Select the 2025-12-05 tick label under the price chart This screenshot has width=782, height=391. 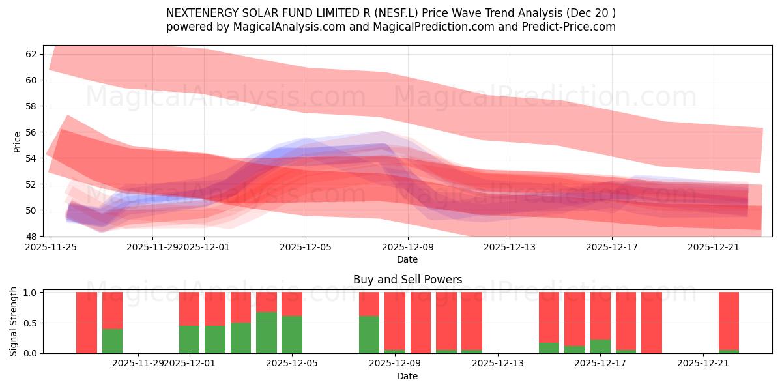[306, 248]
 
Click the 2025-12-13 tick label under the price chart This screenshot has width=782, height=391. [510, 248]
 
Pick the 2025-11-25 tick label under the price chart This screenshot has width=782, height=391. [51, 248]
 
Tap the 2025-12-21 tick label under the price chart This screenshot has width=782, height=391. [714, 248]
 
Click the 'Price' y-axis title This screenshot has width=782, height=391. [17, 141]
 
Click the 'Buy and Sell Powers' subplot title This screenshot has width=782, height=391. [407, 280]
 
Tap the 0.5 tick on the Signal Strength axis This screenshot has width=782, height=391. [29, 323]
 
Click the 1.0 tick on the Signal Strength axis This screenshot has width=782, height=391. [29, 293]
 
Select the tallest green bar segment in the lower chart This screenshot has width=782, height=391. [267, 333]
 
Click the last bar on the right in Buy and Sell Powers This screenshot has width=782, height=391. [729, 322]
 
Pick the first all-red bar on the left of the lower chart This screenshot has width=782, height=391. [87, 323]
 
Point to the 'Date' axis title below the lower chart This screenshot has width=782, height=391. [407, 376]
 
